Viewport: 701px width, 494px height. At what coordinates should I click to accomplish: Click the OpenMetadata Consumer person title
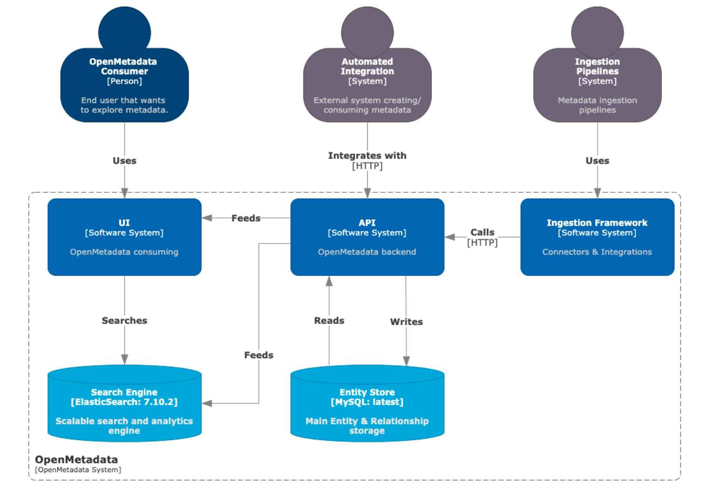(124, 66)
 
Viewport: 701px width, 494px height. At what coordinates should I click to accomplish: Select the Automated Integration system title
(367, 66)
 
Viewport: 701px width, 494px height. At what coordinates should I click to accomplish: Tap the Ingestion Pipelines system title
(597, 66)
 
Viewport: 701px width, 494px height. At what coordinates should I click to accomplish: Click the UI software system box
(124, 237)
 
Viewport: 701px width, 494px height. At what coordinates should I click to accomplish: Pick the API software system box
(367, 237)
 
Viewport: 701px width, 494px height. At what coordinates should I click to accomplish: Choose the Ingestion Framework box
(597, 237)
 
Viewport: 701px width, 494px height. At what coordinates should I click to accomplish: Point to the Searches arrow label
(124, 320)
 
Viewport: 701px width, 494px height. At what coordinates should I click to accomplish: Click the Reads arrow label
(329, 320)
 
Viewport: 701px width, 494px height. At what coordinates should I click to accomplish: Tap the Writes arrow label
(406, 321)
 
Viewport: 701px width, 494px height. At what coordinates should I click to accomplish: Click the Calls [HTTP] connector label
(482, 237)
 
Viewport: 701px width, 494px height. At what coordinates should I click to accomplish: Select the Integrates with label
(367, 156)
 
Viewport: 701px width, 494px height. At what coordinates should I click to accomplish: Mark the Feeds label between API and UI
(246, 218)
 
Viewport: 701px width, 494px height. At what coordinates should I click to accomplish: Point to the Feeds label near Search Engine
(259, 355)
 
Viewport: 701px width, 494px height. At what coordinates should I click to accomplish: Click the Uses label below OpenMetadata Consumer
(124, 160)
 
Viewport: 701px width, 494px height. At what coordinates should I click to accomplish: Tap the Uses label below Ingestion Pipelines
(597, 160)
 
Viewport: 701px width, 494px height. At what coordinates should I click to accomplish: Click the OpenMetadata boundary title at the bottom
(76, 459)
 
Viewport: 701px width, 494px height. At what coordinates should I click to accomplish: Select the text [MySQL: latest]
(367, 402)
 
